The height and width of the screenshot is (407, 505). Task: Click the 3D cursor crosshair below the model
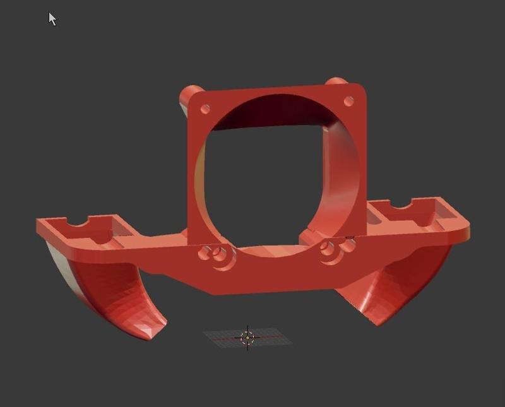pyautogui.click(x=247, y=338)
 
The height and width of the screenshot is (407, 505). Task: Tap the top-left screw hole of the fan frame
pyautogui.click(x=205, y=109)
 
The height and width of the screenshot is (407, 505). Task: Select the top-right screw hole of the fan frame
pyautogui.click(x=348, y=101)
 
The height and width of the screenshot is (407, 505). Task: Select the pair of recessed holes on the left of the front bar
pyautogui.click(x=215, y=254)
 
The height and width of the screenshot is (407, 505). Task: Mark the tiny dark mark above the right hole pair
pyautogui.click(x=350, y=237)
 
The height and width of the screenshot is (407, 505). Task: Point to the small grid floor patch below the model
pyautogui.click(x=247, y=338)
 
